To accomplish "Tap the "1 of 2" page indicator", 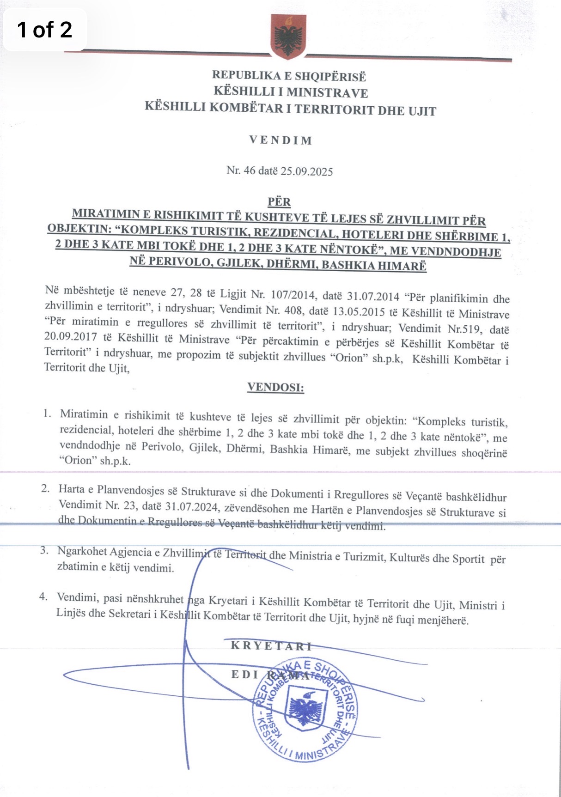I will point(44,30).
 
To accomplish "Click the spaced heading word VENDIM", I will point(280,140).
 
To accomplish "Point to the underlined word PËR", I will point(279,202).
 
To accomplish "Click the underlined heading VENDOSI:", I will point(275,387).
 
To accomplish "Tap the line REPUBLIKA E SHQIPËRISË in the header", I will point(289,76).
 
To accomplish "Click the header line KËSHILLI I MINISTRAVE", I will point(291,92).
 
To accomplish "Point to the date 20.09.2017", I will point(71,336).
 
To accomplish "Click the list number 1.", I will point(47,413).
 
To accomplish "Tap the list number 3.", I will point(44,550).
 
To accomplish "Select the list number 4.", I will point(43,596).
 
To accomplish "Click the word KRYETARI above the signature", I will point(271,646).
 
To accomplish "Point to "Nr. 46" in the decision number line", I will point(241,170).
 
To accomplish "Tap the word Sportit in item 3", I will point(468,559).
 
